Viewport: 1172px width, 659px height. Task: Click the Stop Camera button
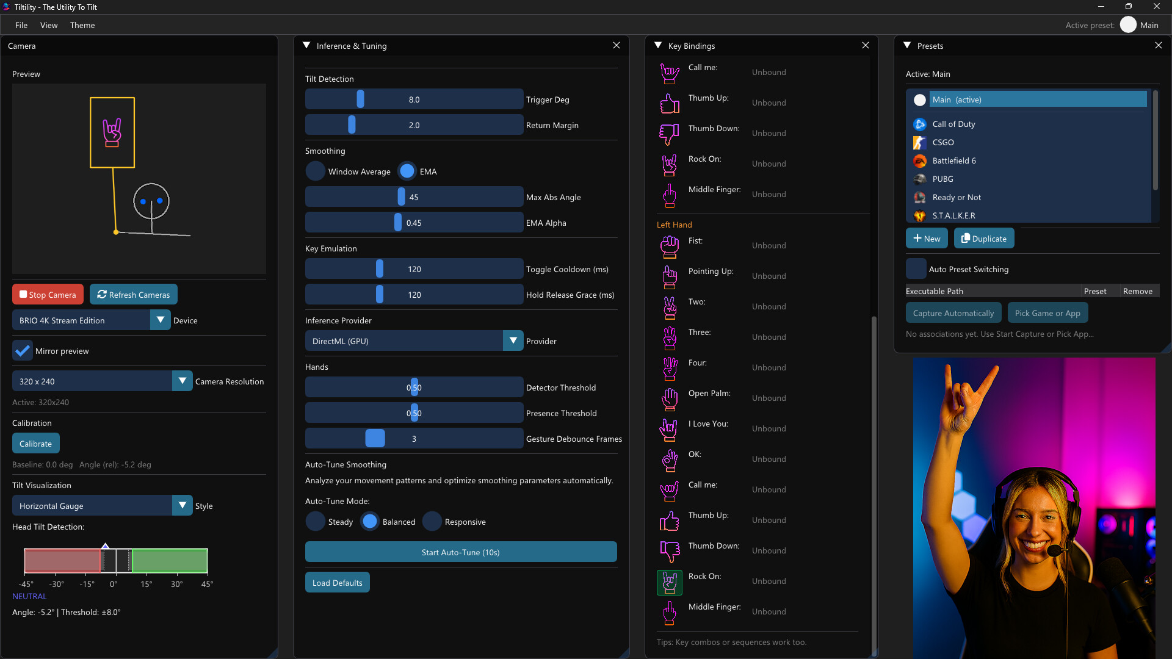point(48,295)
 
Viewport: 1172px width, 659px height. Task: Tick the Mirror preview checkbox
point(23,351)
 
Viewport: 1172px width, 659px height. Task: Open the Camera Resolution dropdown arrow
point(182,381)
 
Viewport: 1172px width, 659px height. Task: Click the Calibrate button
point(35,444)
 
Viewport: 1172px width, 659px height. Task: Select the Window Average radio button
point(316,171)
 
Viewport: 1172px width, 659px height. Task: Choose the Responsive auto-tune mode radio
point(432,522)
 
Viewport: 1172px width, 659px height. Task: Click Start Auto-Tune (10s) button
point(461,552)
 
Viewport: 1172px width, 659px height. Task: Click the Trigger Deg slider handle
point(360,99)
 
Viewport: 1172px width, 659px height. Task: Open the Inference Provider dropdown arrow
point(513,341)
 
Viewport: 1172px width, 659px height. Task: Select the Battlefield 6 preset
point(953,160)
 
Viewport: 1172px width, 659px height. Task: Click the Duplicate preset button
point(984,239)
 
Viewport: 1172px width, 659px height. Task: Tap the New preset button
point(927,239)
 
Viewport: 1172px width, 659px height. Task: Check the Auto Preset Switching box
point(916,269)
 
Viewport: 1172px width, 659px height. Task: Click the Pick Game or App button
point(1047,313)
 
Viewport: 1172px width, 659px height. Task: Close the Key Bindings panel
point(865,46)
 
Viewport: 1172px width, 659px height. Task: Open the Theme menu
point(82,25)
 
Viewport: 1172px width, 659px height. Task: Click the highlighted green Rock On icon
point(670,582)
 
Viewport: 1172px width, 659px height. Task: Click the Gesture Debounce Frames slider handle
point(375,439)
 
